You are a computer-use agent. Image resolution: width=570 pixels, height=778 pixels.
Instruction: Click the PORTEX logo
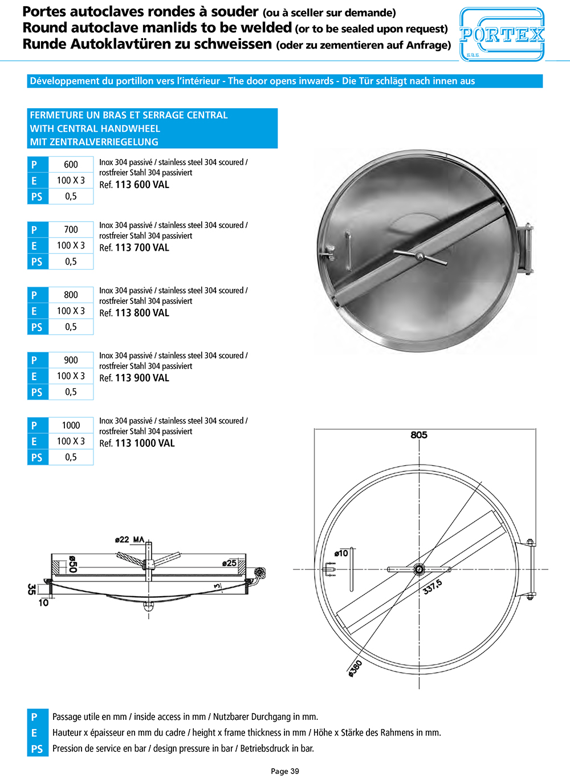point(502,35)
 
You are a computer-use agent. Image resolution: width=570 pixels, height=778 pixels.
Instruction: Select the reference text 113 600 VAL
point(142,185)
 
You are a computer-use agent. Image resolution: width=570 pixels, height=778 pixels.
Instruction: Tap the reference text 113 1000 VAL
point(145,443)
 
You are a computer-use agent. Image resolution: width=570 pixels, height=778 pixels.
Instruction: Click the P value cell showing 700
point(71,230)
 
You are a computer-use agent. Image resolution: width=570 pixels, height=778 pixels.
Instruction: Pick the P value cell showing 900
point(71,360)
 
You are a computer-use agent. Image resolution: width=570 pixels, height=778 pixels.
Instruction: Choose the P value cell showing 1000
point(71,425)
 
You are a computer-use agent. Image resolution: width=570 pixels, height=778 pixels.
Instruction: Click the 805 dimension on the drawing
point(418,435)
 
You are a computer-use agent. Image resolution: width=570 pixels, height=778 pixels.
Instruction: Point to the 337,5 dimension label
point(432,587)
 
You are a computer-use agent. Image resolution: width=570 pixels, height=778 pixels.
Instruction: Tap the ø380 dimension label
point(355,668)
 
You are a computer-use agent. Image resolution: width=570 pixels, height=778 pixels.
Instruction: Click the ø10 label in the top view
point(341,553)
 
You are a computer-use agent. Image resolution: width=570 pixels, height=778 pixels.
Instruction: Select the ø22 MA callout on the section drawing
point(129,539)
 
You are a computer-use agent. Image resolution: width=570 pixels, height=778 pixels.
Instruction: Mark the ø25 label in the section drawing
point(229,563)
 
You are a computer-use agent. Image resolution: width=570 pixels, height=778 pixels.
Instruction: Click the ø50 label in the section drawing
point(72,564)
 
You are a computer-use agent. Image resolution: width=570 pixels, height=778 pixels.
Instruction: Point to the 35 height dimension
point(32,589)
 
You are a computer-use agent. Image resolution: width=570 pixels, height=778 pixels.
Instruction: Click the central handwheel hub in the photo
point(420,256)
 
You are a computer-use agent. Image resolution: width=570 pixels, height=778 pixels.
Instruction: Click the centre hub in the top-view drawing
point(419,569)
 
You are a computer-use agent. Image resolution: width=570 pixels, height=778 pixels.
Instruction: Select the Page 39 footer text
point(285,771)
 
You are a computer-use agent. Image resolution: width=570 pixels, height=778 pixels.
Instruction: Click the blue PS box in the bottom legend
point(37,749)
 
